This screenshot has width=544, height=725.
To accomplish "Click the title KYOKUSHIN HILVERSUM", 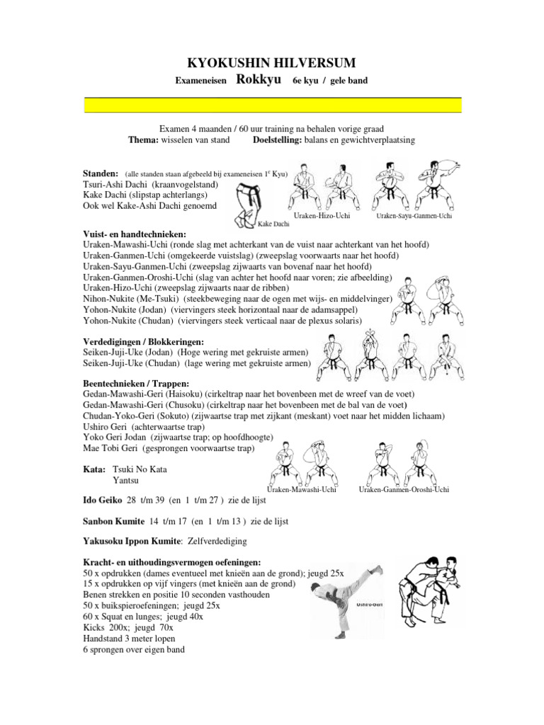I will click(272, 63).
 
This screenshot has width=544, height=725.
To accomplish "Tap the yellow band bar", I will click(273, 105).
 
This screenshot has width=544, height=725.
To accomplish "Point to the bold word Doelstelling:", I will click(277, 139).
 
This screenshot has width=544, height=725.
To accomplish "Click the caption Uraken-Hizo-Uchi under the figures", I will click(322, 215).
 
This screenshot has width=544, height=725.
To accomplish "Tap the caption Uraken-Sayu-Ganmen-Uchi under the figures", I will click(414, 215).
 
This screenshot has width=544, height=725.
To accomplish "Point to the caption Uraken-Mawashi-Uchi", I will click(301, 489).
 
